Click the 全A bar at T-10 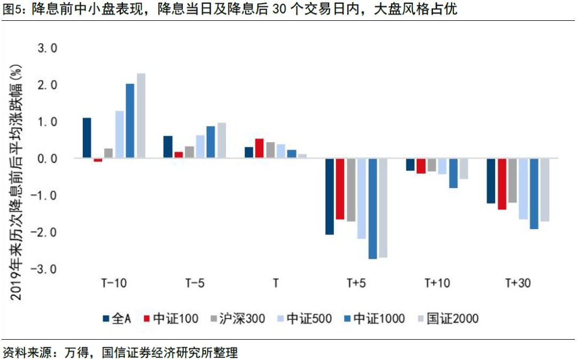tap(87, 138)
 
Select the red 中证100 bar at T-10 tap(98, 160)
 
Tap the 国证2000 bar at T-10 tap(141, 115)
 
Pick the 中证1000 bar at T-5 tap(211, 142)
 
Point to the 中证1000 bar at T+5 tap(372, 208)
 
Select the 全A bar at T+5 tap(329, 196)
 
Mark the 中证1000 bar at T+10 tap(453, 173)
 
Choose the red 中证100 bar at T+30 tap(502, 184)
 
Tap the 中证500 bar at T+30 tap(523, 189)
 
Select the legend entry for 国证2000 tap(451, 319)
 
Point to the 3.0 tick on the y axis tap(46, 49)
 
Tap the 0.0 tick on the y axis tap(46, 159)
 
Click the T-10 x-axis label tap(114, 283)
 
